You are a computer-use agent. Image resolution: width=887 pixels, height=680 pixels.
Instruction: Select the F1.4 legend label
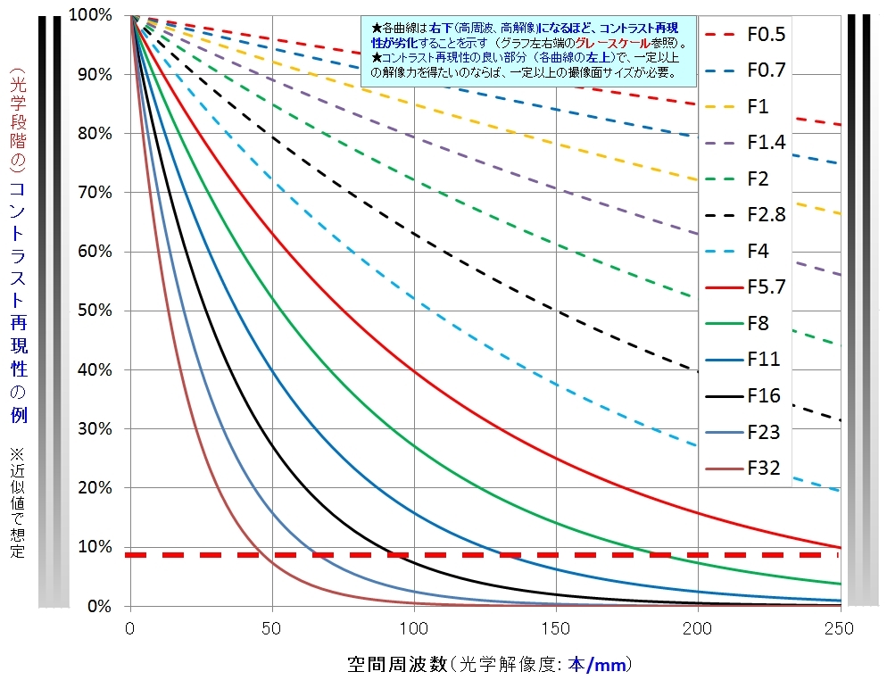click(x=766, y=143)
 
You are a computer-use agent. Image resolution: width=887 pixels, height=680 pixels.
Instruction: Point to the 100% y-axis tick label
click(x=88, y=15)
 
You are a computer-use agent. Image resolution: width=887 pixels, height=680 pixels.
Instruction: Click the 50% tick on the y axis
click(x=93, y=311)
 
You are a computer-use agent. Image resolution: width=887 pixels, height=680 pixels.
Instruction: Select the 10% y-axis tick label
click(x=93, y=547)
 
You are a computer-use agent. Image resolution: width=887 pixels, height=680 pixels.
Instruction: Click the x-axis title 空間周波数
click(x=396, y=665)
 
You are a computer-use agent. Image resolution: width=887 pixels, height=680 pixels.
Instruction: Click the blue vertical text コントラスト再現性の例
click(x=19, y=303)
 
